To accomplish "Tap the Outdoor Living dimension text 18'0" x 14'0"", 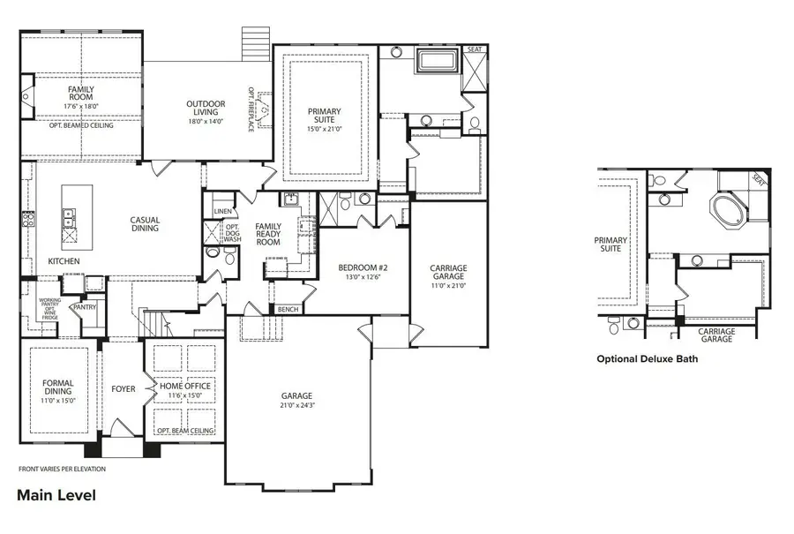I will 205,122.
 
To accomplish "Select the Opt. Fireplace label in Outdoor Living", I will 251,109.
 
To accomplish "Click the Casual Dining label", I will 145,224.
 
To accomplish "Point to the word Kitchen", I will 64,261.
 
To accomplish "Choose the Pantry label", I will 85,307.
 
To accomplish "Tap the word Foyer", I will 124,388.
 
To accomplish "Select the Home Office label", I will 185,386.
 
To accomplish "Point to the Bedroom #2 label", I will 363,267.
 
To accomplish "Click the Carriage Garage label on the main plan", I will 448,273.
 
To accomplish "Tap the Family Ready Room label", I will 267,234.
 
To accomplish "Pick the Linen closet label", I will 221,212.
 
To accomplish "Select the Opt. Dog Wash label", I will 232,234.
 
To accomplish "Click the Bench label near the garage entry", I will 287,310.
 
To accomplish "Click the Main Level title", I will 56,495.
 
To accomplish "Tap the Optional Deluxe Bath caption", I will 652,359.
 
